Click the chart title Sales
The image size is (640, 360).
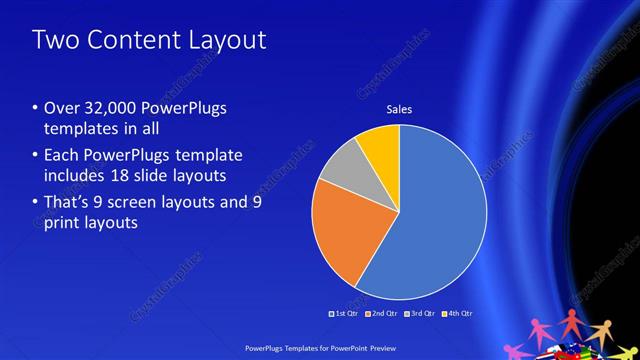399,110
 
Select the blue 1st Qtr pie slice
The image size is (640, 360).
440,220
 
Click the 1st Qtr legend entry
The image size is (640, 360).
345,314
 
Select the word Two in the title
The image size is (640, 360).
52,41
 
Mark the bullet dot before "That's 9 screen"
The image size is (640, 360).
35,202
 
